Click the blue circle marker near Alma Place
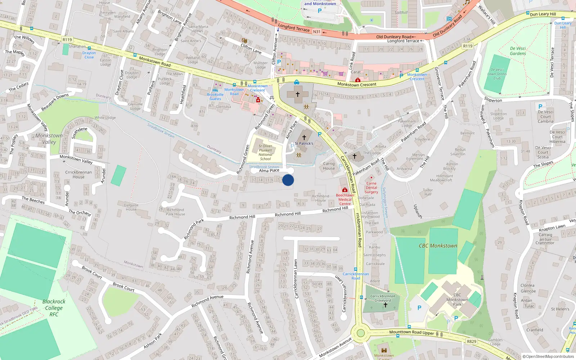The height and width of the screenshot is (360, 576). pos(288,180)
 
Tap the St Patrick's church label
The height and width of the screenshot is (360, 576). pos(304,143)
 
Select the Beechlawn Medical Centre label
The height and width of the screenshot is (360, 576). pos(345,199)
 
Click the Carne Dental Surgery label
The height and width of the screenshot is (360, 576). pos(371,188)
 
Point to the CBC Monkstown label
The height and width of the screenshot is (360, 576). pos(438,246)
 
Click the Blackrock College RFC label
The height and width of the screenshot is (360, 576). pos(54,308)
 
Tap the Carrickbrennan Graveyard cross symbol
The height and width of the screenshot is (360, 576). pos(385,305)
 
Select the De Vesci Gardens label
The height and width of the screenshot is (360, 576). pos(518,51)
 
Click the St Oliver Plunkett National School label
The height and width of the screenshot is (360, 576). pos(265,152)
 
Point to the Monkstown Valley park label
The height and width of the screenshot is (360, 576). pos(49,139)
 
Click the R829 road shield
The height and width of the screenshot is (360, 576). pos(471,341)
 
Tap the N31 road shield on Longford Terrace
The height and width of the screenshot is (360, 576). pos(316,32)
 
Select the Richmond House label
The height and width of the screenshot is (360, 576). pos(320,198)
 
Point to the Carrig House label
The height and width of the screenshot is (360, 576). pos(329,166)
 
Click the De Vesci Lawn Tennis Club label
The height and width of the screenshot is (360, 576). pos(497,74)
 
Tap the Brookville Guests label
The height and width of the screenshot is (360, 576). pos(215,96)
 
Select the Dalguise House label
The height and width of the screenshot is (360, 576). pos(131,207)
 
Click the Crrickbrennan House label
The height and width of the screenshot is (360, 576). pos(78,174)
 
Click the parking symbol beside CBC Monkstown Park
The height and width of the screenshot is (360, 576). pos(419,308)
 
